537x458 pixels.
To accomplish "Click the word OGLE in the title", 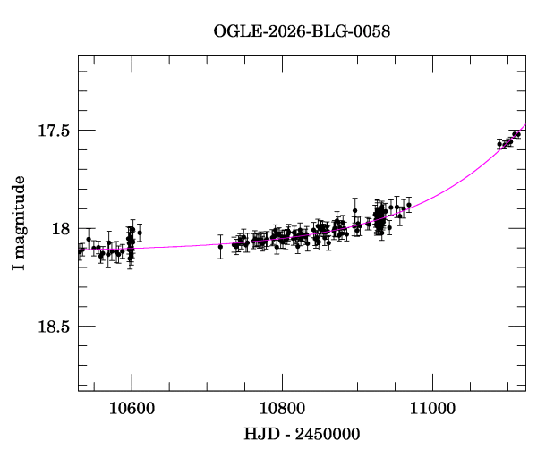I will pyautogui.click(x=234, y=30).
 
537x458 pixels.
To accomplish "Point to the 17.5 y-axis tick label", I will pyautogui.click(x=54, y=131).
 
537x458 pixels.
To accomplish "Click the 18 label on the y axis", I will pyautogui.click(x=61, y=228).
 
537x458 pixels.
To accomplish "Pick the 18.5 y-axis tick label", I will pyautogui.click(x=54, y=327).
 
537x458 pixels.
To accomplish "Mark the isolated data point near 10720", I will pyautogui.click(x=220, y=246).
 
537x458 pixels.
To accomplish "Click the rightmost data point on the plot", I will pyautogui.click(x=518, y=134).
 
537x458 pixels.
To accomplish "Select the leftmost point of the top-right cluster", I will pyautogui.click(x=499, y=143).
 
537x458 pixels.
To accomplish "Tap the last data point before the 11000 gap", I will pyautogui.click(x=409, y=205).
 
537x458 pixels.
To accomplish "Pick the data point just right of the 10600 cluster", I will pyautogui.click(x=140, y=233).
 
